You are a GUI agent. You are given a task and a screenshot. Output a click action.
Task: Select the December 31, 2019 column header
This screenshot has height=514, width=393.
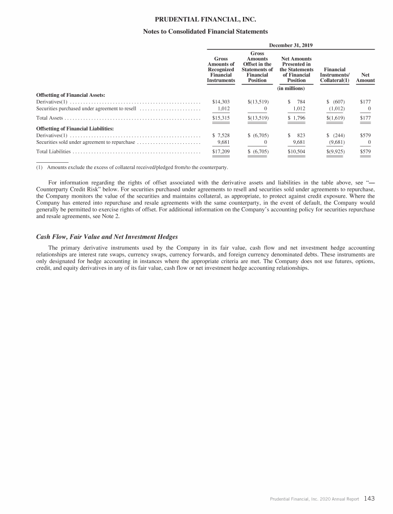291,46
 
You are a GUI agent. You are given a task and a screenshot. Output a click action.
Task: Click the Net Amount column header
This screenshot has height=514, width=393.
365,77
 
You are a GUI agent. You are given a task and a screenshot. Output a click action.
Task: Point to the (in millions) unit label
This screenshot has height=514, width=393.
291,89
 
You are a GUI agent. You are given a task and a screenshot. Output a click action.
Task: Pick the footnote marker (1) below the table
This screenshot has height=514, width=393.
39,167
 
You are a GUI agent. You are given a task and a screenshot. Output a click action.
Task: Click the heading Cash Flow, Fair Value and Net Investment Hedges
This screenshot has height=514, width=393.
107,237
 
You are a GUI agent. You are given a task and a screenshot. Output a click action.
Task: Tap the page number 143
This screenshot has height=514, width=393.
369,498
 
